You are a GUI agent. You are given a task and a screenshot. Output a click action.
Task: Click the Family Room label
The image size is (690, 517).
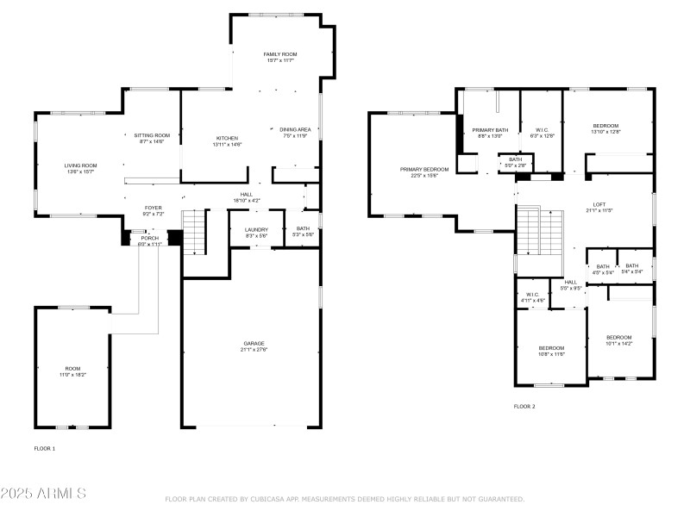coord(279,54)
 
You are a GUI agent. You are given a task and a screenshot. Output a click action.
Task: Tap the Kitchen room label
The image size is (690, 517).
coord(227,138)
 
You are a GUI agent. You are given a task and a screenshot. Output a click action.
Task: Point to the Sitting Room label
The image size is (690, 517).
coord(152,135)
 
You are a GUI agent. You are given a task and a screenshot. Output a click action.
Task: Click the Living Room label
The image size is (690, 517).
coord(80,165)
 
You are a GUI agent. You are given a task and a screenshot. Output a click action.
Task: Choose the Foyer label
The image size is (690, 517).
coord(153,208)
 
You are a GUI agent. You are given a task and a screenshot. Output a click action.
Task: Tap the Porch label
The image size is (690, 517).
coord(150,238)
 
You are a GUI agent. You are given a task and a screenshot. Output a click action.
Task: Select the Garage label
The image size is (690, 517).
coord(254,343)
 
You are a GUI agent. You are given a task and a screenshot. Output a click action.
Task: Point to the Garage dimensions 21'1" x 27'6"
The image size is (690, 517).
coord(254,350)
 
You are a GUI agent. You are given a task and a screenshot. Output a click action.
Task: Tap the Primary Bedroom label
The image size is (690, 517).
coord(424,170)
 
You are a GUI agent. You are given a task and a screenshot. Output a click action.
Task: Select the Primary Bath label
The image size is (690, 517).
coord(489,130)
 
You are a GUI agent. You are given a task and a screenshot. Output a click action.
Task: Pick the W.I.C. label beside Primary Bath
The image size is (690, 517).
coord(543,130)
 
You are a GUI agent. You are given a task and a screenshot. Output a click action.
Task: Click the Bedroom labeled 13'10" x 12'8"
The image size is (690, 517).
coord(605,126)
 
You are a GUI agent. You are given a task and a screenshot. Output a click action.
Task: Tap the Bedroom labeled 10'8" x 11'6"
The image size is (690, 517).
coord(551,348)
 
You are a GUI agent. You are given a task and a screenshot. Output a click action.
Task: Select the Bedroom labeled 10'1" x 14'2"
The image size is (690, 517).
coord(618,337)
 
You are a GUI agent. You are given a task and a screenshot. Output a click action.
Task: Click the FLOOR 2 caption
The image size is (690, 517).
coord(524,406)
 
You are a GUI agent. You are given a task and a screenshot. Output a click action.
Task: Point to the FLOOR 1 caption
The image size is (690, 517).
coord(45,448)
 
